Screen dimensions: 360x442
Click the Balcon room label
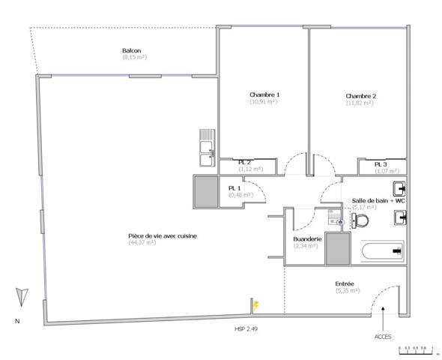[132, 51]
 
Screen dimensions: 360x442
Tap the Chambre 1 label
[264, 94]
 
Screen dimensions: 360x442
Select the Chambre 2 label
[360, 96]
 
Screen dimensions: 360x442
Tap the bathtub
[382, 251]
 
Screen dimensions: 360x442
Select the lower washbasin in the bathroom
[400, 218]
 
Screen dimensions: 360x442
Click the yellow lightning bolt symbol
[255, 305]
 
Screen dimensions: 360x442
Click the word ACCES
[382, 337]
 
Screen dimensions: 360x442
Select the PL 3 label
[381, 163]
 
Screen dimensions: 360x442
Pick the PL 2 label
[244, 162]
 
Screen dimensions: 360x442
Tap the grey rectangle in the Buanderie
[337, 248]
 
